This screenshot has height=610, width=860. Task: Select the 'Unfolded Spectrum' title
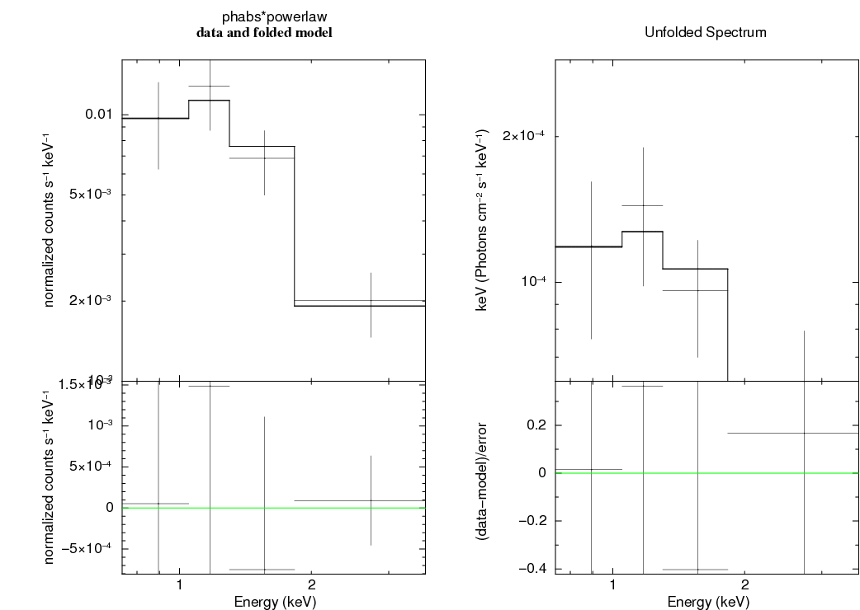click(x=705, y=33)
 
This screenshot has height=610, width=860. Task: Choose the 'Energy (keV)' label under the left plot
click(x=275, y=602)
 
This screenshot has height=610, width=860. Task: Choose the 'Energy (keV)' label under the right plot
click(x=708, y=602)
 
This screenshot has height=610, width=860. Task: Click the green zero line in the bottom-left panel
click(x=347, y=508)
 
